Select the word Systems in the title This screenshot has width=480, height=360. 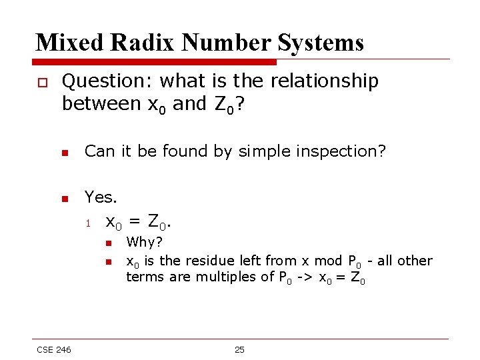(x=322, y=43)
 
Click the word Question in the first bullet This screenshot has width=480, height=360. (x=107, y=81)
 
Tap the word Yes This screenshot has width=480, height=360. (x=101, y=197)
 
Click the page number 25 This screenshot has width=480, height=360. (x=239, y=350)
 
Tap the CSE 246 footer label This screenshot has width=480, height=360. (x=54, y=350)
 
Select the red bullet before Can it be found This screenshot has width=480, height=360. (x=65, y=152)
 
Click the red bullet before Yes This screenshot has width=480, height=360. (x=65, y=198)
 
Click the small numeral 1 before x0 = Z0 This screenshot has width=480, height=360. (x=88, y=223)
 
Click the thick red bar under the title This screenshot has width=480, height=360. (x=156, y=62)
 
